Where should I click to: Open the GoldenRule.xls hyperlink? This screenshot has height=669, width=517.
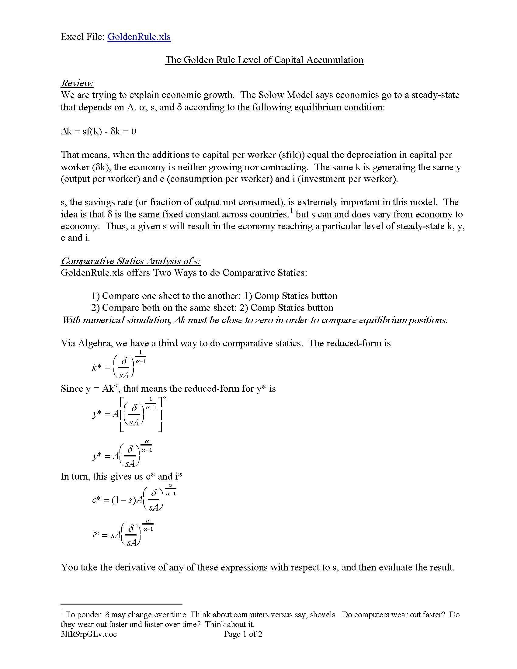point(139,37)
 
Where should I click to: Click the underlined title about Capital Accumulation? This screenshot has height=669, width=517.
point(264,60)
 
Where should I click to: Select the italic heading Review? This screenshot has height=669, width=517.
point(77,83)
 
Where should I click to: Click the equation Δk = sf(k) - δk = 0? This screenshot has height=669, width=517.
point(98,131)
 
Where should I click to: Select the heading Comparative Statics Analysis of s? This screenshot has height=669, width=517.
point(130,261)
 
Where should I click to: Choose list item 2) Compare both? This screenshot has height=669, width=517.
point(212,307)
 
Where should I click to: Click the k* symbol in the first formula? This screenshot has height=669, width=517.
point(96,367)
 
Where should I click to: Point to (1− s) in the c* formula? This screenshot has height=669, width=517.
point(123,500)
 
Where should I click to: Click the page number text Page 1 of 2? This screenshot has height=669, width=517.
point(243,634)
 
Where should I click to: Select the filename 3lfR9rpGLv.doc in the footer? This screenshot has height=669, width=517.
point(88,634)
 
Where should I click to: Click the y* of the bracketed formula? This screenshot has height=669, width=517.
point(97,414)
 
